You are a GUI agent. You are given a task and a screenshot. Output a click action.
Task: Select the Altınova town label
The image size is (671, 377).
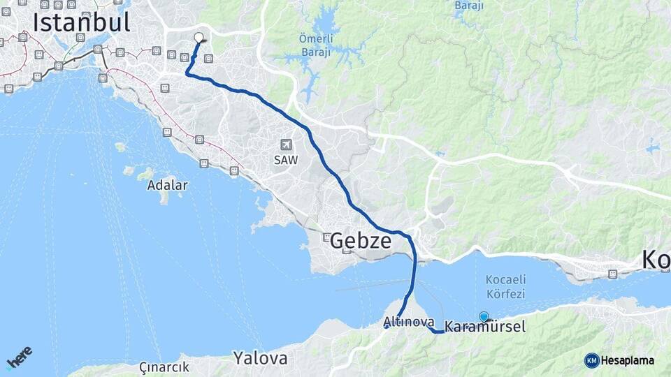408,322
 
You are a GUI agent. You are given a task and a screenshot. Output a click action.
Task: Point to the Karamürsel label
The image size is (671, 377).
485,327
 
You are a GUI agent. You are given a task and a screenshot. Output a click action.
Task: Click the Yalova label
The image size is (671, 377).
260,359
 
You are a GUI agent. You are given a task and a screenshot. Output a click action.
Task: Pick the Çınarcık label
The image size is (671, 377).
164,367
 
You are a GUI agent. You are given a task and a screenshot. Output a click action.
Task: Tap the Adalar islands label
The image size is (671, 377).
167,185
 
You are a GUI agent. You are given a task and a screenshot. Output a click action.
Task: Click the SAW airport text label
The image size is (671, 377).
285,160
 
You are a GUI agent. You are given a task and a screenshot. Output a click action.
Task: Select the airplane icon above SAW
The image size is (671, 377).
285,145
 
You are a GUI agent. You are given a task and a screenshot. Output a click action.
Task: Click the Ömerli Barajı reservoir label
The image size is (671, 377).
315,44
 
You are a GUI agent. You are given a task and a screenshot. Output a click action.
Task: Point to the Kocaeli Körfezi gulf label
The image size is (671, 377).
505,287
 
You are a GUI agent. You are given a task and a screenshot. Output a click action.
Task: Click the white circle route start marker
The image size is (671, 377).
199,38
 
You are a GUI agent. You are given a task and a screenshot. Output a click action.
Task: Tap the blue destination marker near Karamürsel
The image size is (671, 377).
484,316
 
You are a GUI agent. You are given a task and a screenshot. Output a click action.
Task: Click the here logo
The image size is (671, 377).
20,357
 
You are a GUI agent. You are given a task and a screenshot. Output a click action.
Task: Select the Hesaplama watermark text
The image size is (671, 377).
628,360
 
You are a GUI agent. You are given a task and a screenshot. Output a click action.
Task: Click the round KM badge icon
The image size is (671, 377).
592,360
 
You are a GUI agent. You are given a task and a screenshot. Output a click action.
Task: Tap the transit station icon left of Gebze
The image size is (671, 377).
326,237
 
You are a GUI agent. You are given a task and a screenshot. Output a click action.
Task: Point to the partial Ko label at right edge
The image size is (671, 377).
656,260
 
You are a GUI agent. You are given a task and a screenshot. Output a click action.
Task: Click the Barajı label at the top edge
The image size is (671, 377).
469,6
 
